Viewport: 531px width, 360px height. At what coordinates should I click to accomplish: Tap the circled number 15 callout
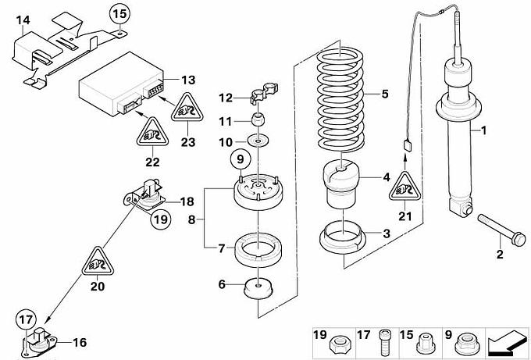[x=119, y=14]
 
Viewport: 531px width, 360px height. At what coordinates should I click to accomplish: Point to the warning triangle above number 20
[x=98, y=262]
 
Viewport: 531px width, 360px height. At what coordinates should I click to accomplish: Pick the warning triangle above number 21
[x=404, y=187]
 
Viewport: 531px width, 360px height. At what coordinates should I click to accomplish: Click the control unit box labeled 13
[x=122, y=84]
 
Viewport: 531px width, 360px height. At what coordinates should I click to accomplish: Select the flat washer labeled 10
[x=258, y=141]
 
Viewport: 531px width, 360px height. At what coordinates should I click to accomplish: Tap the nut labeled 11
[x=258, y=119]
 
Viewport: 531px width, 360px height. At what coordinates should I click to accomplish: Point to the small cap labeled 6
[x=258, y=290]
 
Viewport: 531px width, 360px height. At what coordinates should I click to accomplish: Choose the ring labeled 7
[x=258, y=252]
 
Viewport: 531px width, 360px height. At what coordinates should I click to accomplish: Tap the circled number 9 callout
[x=240, y=159]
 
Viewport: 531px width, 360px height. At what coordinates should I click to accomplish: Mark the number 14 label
[x=23, y=20]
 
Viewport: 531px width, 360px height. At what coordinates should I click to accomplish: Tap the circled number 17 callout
[x=26, y=319]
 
